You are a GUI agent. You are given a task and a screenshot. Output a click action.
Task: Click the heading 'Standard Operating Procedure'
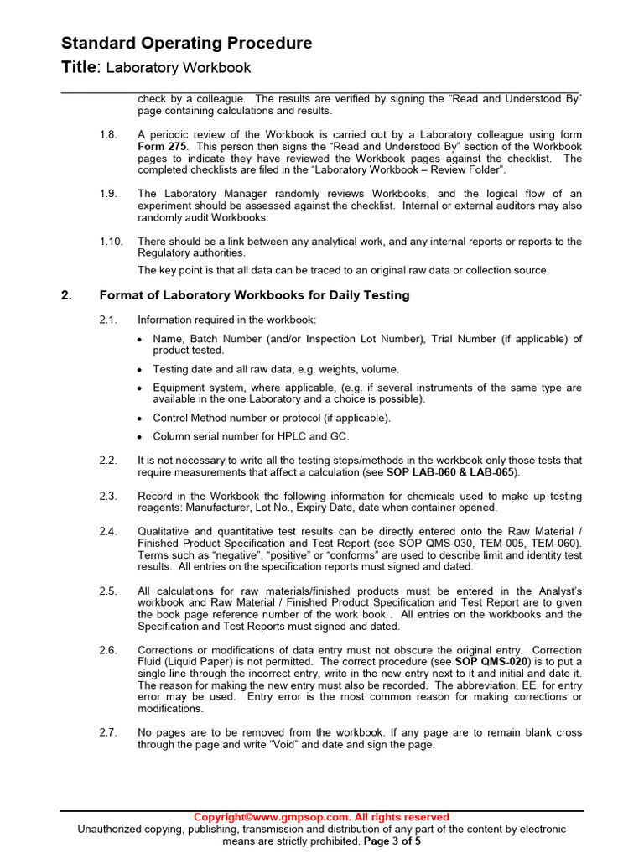point(187,44)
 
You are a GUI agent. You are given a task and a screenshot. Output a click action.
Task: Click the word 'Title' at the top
point(80,68)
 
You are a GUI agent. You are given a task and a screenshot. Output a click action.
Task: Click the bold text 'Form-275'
point(163,147)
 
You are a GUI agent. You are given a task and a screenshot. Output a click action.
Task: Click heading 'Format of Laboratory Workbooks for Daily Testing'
point(254,295)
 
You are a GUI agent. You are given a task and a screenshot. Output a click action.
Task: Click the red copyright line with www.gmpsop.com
point(321,817)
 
